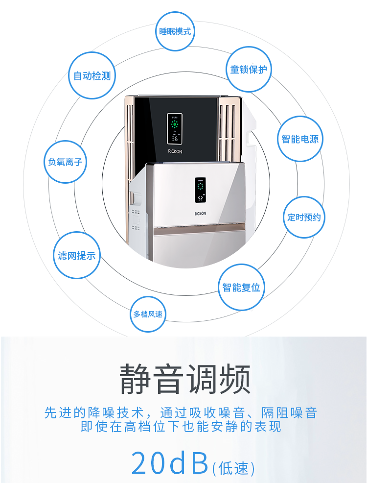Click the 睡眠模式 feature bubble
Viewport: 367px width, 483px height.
coord(175,32)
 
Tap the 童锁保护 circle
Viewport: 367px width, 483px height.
coord(249,70)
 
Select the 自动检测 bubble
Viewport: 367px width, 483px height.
coord(92,76)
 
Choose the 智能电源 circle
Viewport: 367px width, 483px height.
coord(300,139)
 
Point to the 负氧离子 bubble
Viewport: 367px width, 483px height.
coord(65,162)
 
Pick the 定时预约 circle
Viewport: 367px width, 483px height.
coord(304,217)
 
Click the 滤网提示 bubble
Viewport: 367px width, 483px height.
coord(77,255)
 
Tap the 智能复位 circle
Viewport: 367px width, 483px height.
coord(241,288)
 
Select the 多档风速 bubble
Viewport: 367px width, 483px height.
coord(148,314)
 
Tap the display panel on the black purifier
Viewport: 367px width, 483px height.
coord(175,128)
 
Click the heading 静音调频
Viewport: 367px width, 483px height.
coord(185,379)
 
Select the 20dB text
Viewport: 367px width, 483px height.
coord(170,463)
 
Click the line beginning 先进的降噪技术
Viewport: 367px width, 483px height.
coord(181,412)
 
